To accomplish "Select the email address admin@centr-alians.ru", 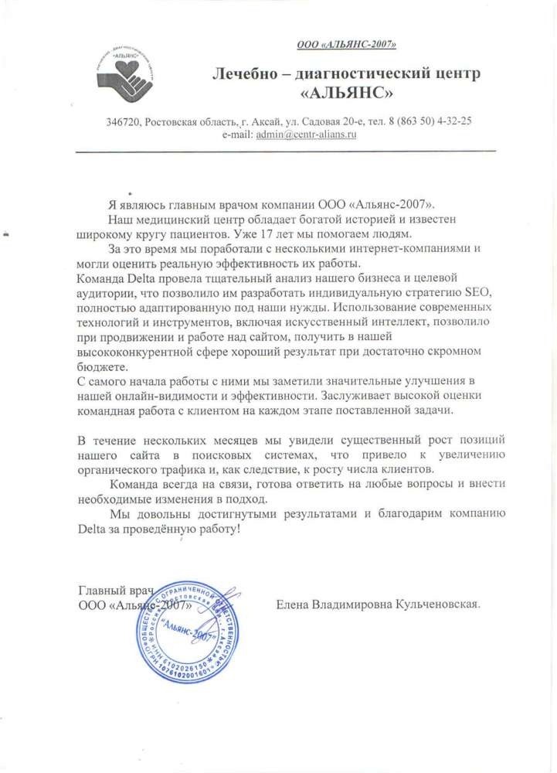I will (306, 134).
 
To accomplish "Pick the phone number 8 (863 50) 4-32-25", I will (431, 121).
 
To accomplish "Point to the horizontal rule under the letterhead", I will (285, 152).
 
